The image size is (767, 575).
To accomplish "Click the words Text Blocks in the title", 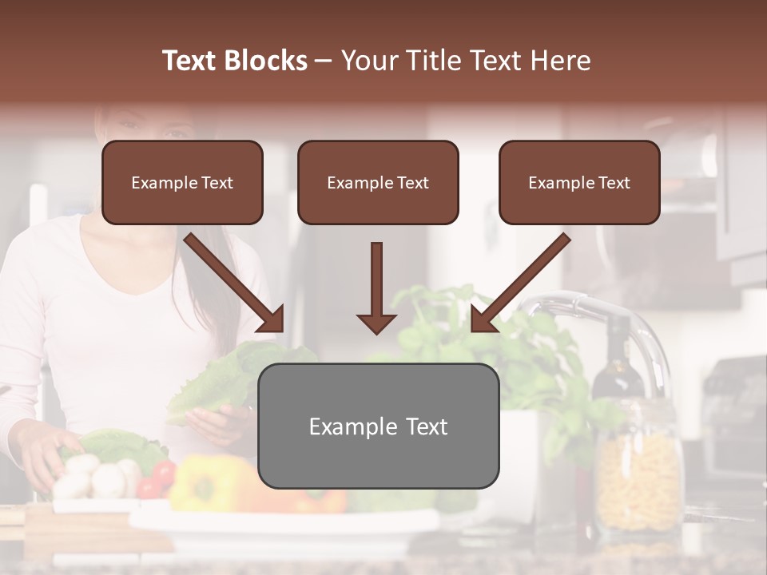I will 234,61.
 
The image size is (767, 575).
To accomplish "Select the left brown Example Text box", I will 182,183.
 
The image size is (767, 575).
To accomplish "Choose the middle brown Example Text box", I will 378,183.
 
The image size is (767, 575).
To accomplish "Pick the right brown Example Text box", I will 579,183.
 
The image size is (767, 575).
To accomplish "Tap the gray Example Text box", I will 378,426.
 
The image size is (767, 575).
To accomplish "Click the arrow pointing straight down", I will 376,288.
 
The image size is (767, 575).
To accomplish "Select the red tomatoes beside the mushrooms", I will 155,480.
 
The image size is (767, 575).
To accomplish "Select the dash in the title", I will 324,61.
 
